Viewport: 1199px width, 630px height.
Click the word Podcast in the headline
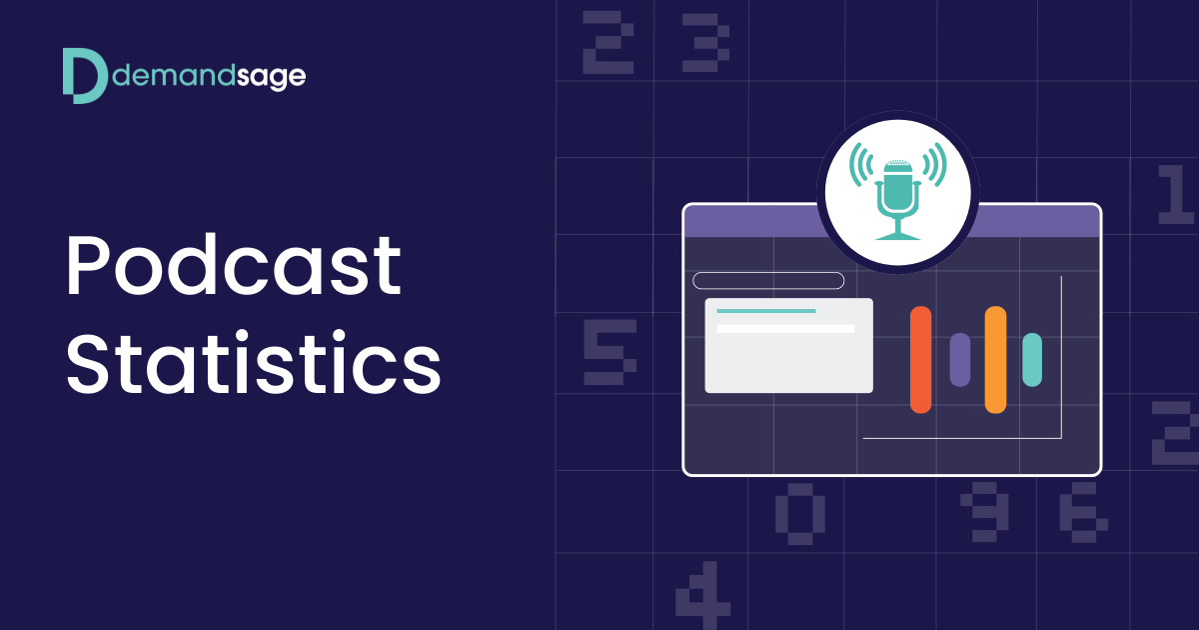tap(234, 268)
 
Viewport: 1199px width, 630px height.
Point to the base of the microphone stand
tap(897, 236)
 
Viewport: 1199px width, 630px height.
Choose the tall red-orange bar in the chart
tap(920, 359)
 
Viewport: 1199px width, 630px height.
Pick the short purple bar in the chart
tap(959, 359)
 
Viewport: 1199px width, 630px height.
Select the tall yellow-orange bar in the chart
tap(995, 359)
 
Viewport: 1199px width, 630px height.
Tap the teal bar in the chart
tap(1032, 359)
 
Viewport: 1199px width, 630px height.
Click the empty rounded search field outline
tap(768, 280)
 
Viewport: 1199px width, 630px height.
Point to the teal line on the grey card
tap(766, 311)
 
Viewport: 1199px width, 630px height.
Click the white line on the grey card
tap(785, 328)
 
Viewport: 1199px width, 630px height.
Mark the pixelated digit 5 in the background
tap(608, 352)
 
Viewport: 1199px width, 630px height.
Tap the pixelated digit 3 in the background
tap(705, 42)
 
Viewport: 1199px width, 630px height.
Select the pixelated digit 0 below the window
tap(799, 513)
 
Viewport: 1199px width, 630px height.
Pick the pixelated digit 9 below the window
tap(984, 511)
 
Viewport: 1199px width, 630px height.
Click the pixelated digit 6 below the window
tap(1081, 511)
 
